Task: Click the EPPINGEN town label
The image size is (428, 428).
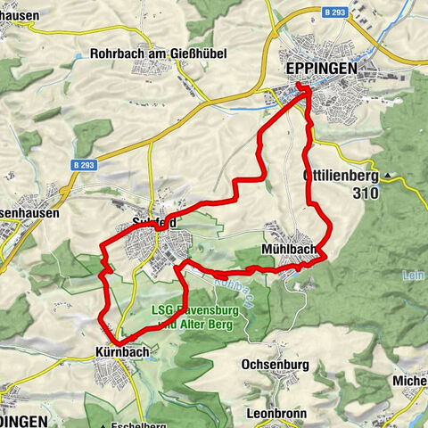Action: [322, 68]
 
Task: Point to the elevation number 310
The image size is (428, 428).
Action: [365, 193]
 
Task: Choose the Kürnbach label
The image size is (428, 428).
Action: [121, 352]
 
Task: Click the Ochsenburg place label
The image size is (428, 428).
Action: [275, 366]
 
